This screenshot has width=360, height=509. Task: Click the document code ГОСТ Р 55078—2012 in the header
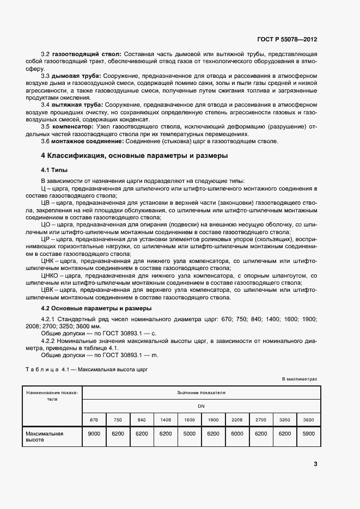click(x=287, y=40)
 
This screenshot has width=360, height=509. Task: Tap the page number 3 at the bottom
click(x=315, y=464)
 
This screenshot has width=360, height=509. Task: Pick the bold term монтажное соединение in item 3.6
click(x=87, y=142)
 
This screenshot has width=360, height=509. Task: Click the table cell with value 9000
click(x=94, y=434)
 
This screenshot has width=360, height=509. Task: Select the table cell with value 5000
click(x=189, y=434)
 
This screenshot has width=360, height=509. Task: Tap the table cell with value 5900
click(x=308, y=434)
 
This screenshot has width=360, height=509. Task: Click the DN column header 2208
click(x=237, y=420)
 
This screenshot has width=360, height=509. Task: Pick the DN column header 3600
click(x=308, y=420)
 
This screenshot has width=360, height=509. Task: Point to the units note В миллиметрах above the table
click(x=299, y=379)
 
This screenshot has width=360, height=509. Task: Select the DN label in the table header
click(x=201, y=406)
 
